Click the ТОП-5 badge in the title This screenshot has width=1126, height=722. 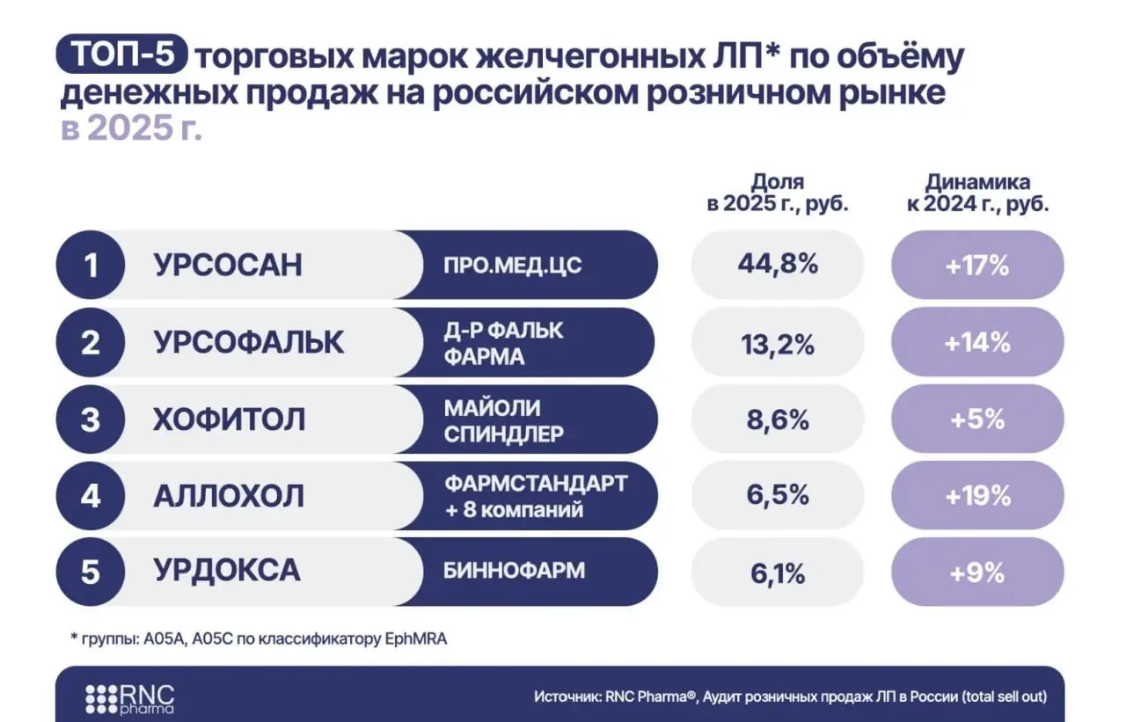[122, 55]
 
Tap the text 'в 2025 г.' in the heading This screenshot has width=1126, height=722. [131, 128]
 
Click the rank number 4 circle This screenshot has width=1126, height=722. [91, 496]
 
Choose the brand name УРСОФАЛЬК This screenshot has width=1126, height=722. [249, 343]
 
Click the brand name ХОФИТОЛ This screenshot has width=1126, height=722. [230, 419]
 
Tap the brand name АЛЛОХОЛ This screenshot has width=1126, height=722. [229, 496]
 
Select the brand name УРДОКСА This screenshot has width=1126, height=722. [227, 572]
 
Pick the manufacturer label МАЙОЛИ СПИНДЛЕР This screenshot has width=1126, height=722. [504, 420]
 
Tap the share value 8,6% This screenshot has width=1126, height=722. [777, 419]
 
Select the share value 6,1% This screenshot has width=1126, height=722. [777, 573]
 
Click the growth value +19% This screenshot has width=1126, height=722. [977, 496]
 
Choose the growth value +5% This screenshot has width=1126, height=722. [977, 419]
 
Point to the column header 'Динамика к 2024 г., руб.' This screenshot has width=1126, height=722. [977, 193]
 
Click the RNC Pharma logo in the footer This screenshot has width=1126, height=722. [129, 697]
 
